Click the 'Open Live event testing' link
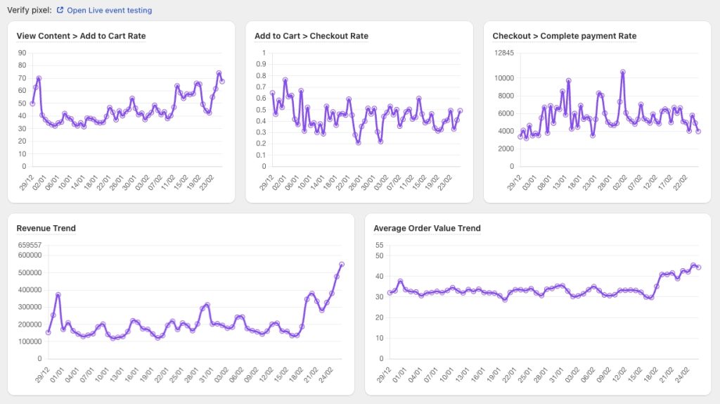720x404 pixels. click(109, 11)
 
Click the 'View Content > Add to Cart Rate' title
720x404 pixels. click(81, 36)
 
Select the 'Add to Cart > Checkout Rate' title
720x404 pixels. click(311, 36)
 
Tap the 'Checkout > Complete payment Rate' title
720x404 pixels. click(564, 36)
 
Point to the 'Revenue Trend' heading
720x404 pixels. click(46, 228)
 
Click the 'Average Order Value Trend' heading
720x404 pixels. click(427, 228)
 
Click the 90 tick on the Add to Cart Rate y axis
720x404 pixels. click(22, 53)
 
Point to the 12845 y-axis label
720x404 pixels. click(503, 53)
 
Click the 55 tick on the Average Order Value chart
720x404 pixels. click(380, 245)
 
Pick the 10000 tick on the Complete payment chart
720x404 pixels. click(503, 78)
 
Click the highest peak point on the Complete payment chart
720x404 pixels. click(622, 72)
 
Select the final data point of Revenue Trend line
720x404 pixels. click(342, 265)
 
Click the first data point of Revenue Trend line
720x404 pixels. click(49, 332)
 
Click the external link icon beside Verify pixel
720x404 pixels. click(60, 11)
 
